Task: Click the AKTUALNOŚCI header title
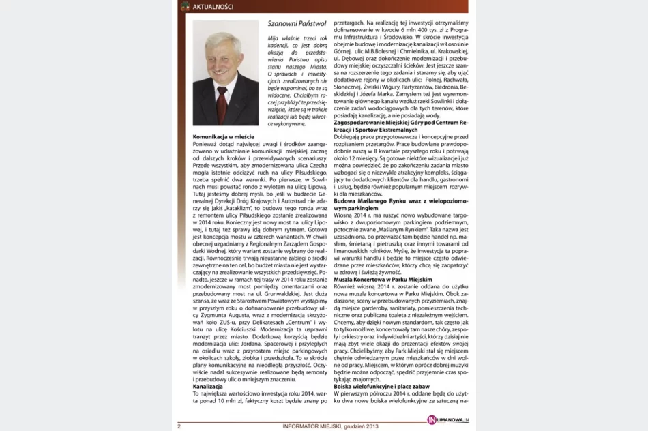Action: [x=213, y=7]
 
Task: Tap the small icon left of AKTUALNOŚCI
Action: [x=185, y=7]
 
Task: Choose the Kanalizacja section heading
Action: [x=208, y=387]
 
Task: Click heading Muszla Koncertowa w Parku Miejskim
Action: [x=383, y=280]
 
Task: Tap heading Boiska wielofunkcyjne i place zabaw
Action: [x=385, y=387]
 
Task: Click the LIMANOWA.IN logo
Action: [x=447, y=419]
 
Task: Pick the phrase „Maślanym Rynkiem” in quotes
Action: [x=397, y=231]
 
